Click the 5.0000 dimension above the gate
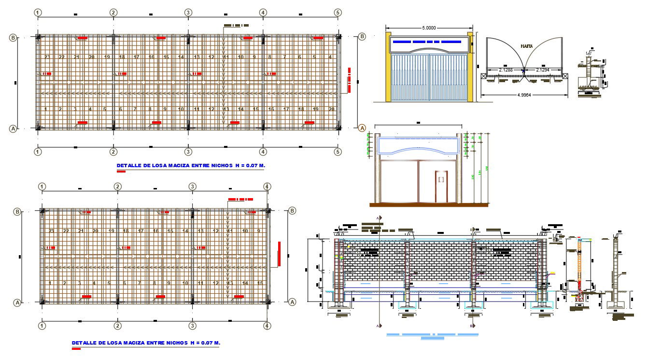[x=429, y=28]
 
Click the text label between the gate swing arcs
[x=527, y=46]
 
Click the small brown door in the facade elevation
[x=440, y=186]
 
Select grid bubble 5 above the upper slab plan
[x=338, y=13]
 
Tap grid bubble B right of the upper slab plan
[x=362, y=37]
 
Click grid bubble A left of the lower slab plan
[x=17, y=302]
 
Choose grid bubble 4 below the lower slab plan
[x=268, y=326]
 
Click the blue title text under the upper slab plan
[x=191, y=165]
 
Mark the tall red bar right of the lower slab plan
[x=279, y=254]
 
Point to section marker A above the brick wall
[x=380, y=218]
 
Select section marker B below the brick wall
[x=472, y=326]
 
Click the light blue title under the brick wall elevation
[x=432, y=334]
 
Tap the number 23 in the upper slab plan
[x=47, y=57]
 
